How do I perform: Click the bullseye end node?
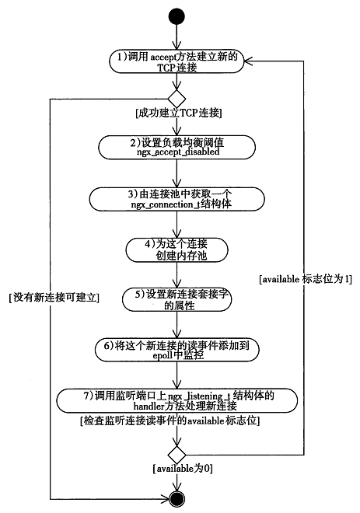[177, 497]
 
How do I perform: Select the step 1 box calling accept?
[177, 62]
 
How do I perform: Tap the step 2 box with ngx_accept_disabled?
[177, 147]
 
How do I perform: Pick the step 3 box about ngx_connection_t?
[177, 198]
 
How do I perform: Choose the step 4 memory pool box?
[177, 249]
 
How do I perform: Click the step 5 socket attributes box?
[177, 300]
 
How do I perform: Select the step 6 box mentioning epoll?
[177, 349]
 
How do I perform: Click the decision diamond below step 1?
[177, 99]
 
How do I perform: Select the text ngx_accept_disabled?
[177, 153]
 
